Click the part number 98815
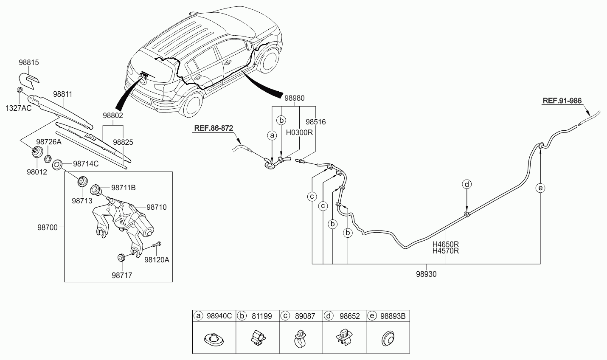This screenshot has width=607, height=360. (29, 62)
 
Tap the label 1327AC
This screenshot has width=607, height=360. (18, 108)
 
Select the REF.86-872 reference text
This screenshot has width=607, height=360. (214, 128)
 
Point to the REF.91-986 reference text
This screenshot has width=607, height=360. (562, 101)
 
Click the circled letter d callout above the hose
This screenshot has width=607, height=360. (466, 184)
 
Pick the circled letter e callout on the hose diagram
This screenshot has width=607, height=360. (540, 188)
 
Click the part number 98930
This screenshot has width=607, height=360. (426, 274)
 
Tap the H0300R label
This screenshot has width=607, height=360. (299, 132)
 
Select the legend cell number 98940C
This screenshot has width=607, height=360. (219, 316)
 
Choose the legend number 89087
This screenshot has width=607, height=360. (305, 316)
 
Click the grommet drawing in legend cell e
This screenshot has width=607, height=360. (388, 338)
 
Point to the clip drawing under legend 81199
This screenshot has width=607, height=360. (258, 338)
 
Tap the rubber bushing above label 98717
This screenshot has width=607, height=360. (121, 258)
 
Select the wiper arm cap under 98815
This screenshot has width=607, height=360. (29, 80)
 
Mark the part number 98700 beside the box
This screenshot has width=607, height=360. (48, 228)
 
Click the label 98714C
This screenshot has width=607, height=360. (86, 164)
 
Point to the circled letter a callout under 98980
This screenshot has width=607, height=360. (272, 135)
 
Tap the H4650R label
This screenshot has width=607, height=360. (446, 244)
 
